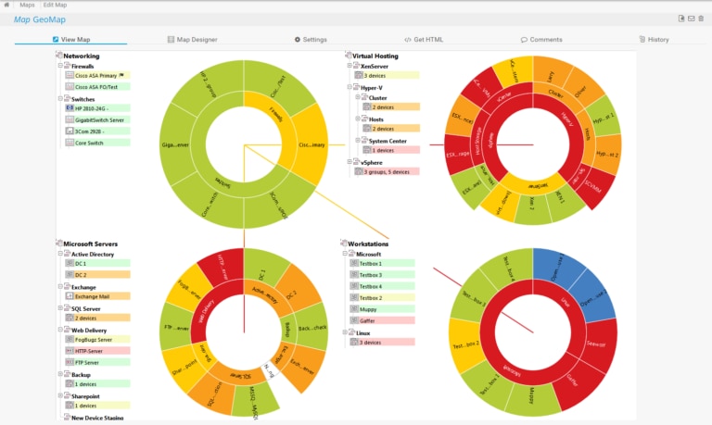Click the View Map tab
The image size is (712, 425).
click(77, 40)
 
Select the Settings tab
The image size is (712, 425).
click(311, 40)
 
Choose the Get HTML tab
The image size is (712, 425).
click(426, 40)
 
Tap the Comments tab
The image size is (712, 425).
click(541, 40)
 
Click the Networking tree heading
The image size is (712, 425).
click(81, 56)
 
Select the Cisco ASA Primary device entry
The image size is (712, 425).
click(95, 77)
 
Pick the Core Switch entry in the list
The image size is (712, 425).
click(90, 143)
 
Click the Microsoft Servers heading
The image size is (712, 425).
click(90, 244)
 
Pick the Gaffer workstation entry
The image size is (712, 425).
click(371, 319)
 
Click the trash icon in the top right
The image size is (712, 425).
click(701, 18)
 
